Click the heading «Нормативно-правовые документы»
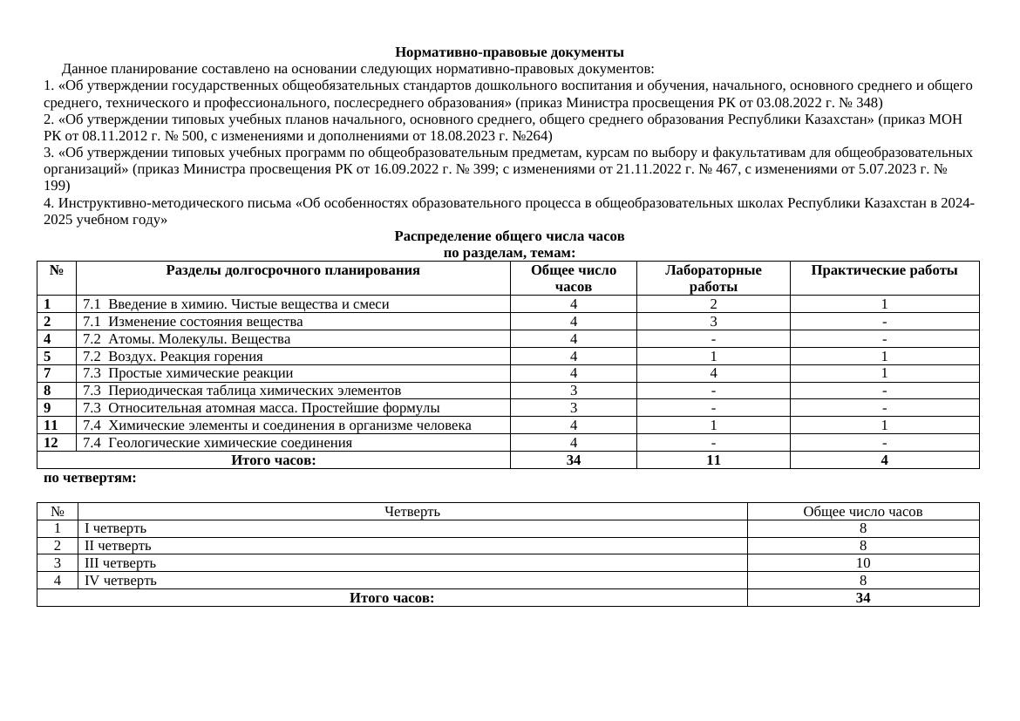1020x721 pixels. coord(509,52)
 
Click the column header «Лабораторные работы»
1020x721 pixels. coord(712,278)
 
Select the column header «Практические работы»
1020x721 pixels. coord(883,271)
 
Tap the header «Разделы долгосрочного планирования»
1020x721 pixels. coord(293,271)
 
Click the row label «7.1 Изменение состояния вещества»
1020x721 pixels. coord(193,322)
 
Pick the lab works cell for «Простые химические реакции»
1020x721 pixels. coord(712,373)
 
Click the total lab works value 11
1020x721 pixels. coord(712,460)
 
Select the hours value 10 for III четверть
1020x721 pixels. coord(862,563)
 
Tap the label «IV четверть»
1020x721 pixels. coord(120,581)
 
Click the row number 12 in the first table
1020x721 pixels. coord(51,443)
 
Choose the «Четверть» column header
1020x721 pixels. coord(411,512)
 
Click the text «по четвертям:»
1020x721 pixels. coord(90,478)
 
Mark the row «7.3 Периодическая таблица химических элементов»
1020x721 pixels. coord(241,391)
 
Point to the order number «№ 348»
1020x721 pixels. coord(862,103)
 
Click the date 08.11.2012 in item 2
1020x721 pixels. coord(109,136)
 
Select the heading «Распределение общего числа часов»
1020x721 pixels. coord(509,236)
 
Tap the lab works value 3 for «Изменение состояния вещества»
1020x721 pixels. coord(712,322)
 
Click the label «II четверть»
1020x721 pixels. coord(118,546)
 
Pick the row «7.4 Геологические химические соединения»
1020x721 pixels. coord(217,443)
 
